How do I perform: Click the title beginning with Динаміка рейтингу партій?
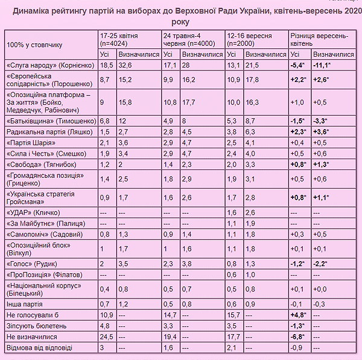[181, 16]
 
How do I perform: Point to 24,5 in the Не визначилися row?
[106, 336]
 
